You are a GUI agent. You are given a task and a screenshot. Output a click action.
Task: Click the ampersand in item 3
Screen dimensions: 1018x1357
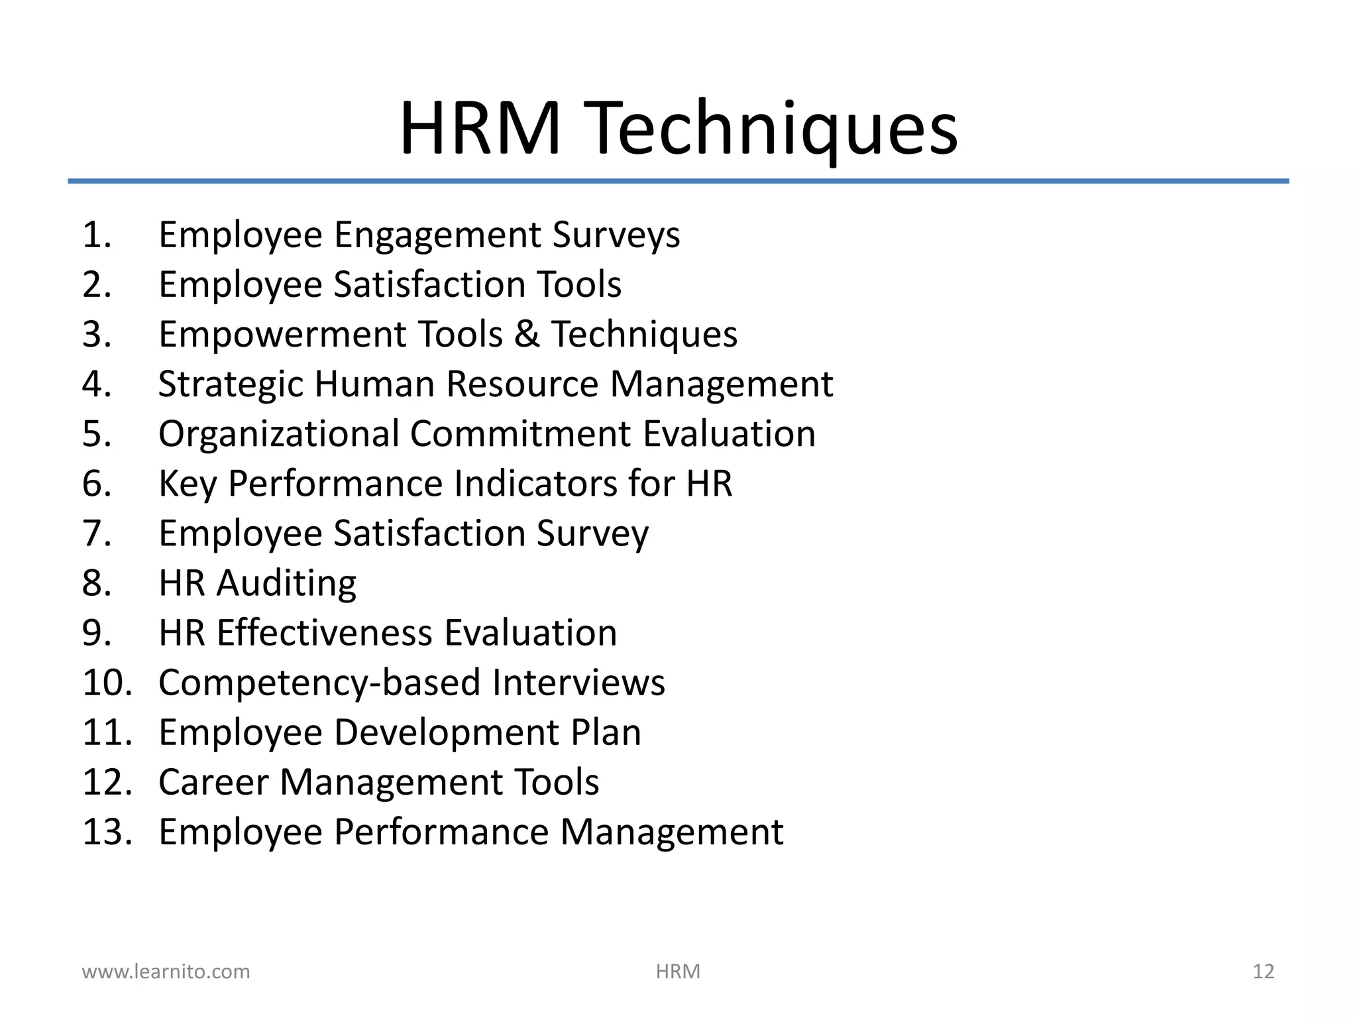click(527, 334)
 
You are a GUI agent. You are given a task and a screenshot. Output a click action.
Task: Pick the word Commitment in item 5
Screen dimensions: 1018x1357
click(520, 433)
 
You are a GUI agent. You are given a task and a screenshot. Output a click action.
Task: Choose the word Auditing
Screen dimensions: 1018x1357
click(286, 583)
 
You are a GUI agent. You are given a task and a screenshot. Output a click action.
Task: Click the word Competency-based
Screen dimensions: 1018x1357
click(319, 683)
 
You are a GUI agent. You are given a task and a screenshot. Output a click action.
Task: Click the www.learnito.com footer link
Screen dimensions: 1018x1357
click(166, 972)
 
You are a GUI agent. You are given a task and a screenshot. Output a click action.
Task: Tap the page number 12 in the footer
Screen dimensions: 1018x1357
click(1264, 972)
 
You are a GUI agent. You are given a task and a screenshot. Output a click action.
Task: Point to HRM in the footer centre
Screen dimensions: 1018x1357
click(678, 972)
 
